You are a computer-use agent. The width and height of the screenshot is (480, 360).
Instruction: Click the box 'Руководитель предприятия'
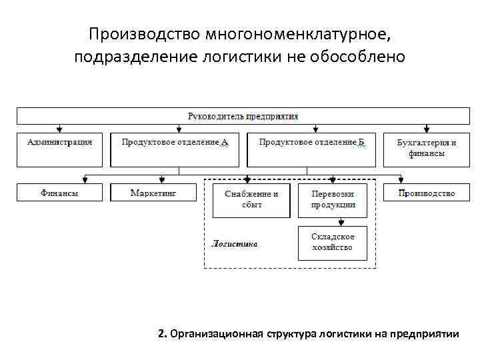click(x=243, y=116)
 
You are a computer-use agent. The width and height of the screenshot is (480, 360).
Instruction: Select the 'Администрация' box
click(x=60, y=149)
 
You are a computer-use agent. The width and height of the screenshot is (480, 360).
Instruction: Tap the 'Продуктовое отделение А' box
click(x=175, y=149)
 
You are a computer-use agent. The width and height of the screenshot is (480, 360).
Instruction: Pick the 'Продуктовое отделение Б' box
click(x=311, y=149)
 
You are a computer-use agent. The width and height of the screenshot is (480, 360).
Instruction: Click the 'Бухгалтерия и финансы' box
click(x=426, y=149)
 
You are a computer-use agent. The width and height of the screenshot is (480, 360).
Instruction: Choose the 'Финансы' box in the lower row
click(x=60, y=193)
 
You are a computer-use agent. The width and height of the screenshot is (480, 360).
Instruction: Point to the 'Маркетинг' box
click(x=153, y=193)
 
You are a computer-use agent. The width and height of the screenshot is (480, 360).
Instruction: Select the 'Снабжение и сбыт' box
click(x=251, y=199)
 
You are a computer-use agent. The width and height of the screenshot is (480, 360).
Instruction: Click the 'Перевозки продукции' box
click(x=333, y=199)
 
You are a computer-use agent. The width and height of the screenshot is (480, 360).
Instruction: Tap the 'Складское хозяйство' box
click(x=333, y=243)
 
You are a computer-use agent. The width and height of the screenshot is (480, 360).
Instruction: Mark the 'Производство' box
click(x=427, y=193)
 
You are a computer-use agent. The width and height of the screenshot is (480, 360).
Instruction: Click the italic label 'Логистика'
click(x=234, y=244)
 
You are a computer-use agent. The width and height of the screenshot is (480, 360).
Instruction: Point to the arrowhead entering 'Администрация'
click(x=60, y=129)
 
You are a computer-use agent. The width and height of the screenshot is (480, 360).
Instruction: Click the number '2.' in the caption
click(x=163, y=333)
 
